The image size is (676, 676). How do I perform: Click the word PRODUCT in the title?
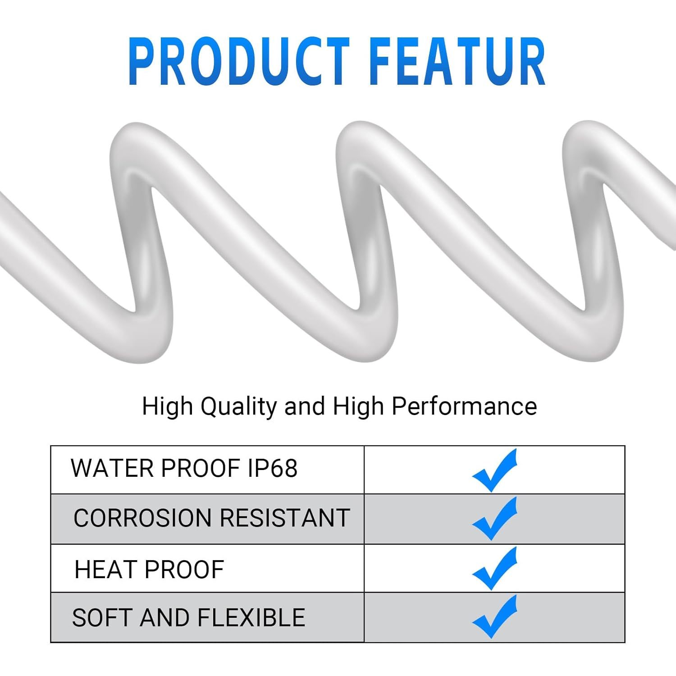239,62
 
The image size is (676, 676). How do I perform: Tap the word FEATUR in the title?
458,62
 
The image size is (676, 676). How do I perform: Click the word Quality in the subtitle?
238,407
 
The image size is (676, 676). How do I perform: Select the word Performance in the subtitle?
464,406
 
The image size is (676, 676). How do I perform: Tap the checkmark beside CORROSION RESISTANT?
494,519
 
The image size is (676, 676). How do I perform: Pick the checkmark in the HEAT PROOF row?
494,568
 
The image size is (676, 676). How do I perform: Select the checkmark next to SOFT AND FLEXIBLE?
494,617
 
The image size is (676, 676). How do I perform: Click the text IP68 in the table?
273,468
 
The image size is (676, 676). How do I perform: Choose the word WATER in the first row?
112,468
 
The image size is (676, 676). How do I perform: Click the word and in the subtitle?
305,406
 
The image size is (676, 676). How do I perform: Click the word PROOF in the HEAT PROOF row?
184,569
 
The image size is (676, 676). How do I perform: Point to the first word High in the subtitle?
167,407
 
